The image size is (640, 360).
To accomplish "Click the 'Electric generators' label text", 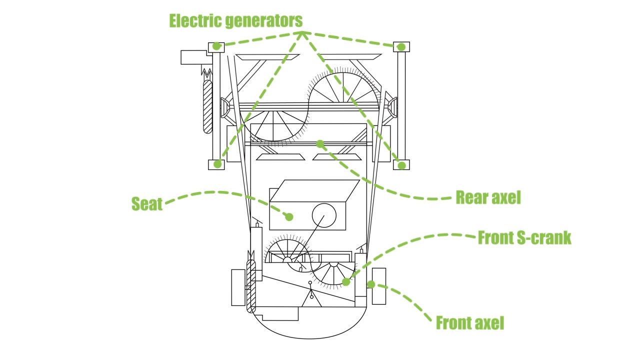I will [235, 21].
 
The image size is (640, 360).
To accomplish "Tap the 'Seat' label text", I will [147, 204].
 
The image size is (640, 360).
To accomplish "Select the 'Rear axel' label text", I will [488, 197].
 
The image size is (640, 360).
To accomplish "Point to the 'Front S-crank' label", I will [524, 237].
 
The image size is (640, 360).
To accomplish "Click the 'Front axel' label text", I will [470, 323].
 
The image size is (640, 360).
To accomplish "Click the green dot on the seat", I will [289, 216].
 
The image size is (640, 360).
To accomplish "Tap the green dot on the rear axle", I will [320, 144].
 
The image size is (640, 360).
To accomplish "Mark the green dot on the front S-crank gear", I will [346, 282].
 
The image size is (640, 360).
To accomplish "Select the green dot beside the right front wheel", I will [371, 284].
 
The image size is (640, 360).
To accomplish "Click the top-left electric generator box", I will [216, 47].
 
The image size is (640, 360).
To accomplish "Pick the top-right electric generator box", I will [401, 47].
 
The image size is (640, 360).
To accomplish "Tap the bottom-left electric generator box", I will [216, 164].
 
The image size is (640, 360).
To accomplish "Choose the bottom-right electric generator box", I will [401, 164].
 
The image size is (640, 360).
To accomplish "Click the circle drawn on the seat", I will [324, 215].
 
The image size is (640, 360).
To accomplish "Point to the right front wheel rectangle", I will [379, 286].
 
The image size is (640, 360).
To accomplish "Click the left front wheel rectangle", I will [238, 287].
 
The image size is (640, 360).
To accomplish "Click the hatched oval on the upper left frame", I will [207, 106].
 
